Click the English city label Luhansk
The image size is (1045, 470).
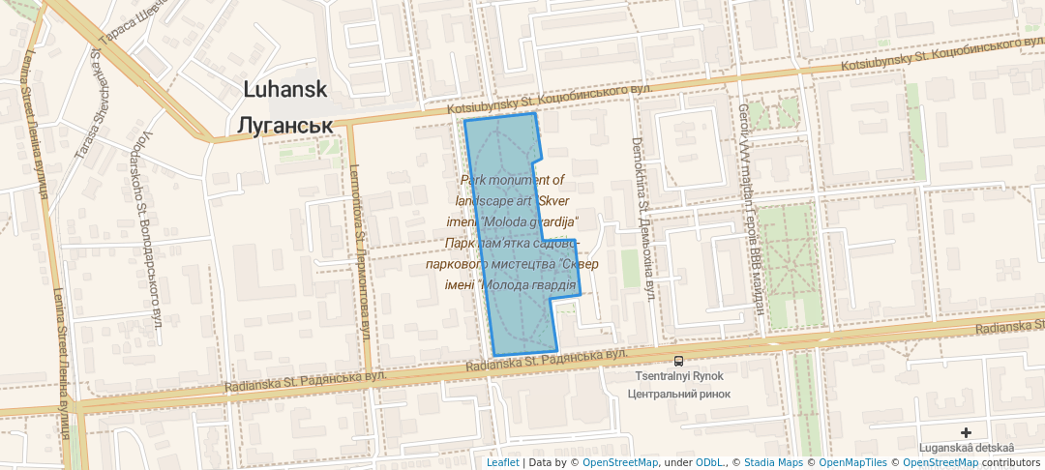[285, 90]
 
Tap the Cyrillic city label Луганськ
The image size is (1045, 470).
[285, 126]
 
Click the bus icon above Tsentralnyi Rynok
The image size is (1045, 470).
[677, 361]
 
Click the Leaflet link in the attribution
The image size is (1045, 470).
[502, 462]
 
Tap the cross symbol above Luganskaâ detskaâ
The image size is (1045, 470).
[966, 432]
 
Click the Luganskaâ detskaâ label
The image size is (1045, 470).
[967, 448]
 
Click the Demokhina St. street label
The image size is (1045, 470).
[643, 218]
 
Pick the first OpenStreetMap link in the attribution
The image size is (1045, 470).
[619, 462]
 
